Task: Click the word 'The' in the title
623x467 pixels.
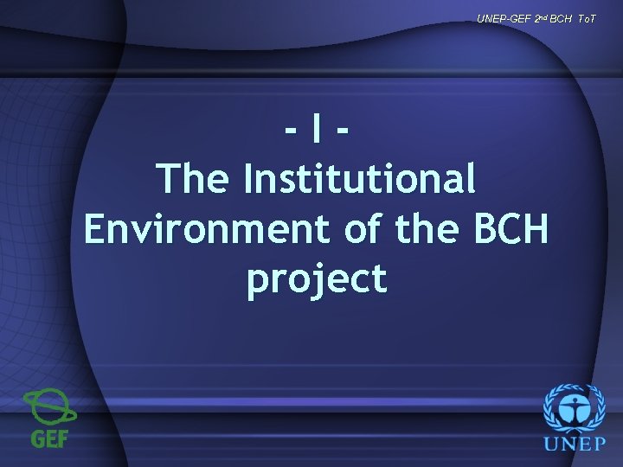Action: [194, 180]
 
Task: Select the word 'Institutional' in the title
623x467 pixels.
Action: [359, 180]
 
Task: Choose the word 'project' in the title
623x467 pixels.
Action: [317, 279]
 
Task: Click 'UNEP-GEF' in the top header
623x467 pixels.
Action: [498, 18]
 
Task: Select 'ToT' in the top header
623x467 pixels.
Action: [586, 18]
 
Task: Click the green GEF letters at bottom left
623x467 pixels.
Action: [50, 438]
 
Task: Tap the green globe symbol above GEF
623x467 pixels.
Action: [49, 407]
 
